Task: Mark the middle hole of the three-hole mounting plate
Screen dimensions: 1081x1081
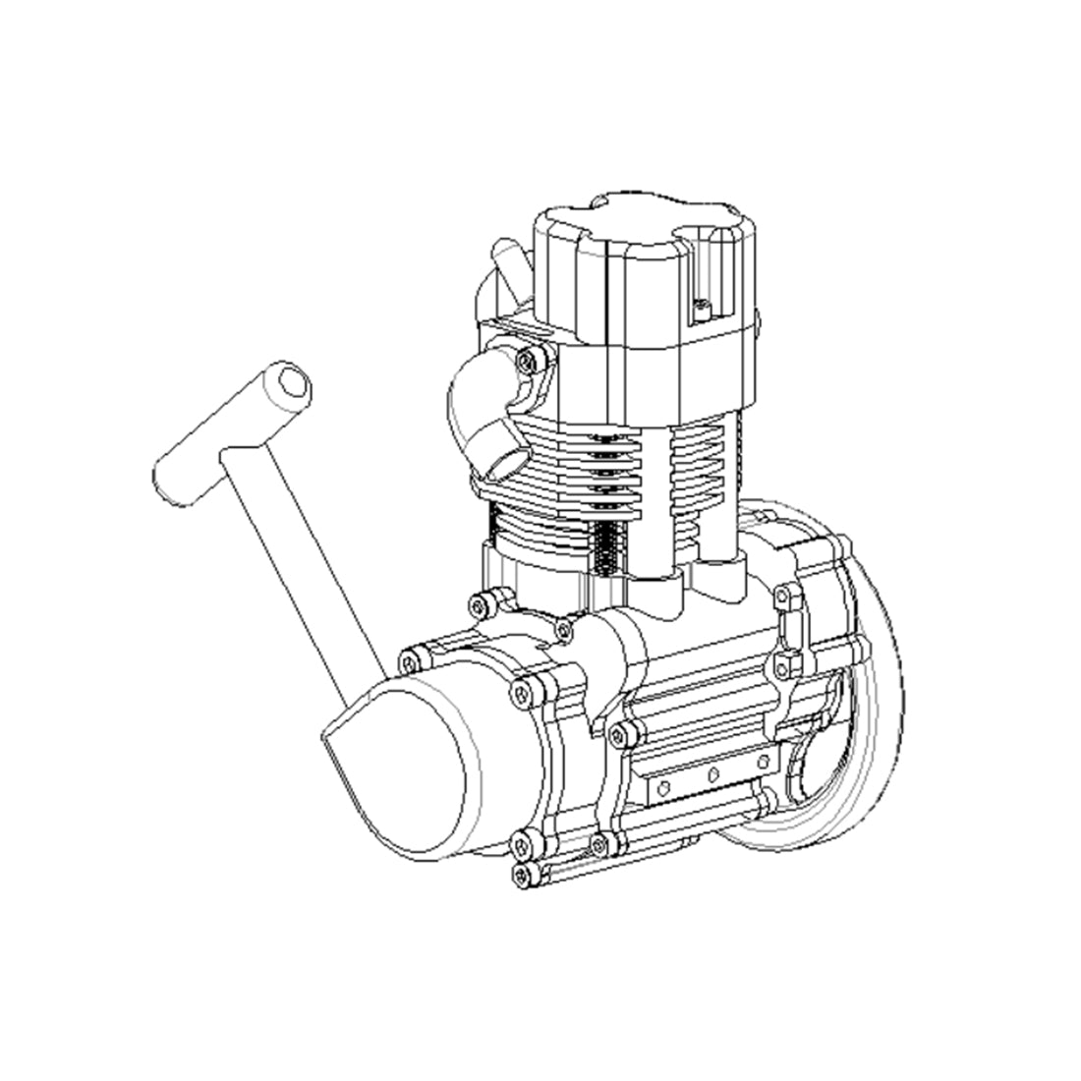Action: (x=713, y=772)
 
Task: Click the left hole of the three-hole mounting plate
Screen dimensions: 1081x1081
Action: (x=664, y=783)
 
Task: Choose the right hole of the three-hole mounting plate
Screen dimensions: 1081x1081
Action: (x=764, y=762)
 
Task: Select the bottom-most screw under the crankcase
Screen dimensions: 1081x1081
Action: (x=522, y=873)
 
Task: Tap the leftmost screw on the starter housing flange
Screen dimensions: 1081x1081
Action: (x=409, y=655)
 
